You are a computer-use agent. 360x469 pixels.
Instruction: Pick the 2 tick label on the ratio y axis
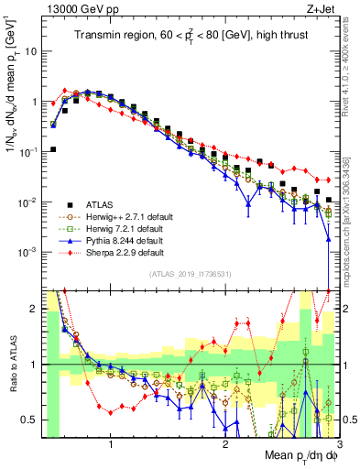coord(32,309)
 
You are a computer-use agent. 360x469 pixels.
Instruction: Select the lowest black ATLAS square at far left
coord(53,149)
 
